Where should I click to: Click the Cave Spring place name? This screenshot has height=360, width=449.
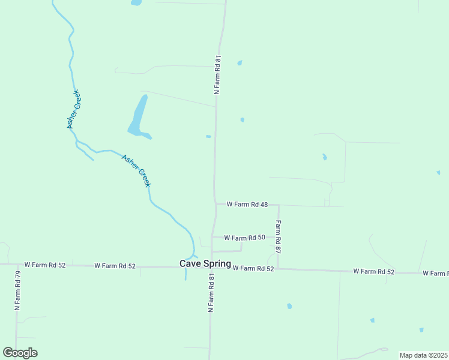click(205, 263)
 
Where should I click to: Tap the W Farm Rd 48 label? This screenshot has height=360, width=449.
click(247, 205)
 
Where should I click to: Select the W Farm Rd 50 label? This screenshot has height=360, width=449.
click(244, 238)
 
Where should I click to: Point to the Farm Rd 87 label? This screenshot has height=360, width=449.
click(279, 235)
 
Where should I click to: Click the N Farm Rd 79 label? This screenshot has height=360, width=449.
click(18, 290)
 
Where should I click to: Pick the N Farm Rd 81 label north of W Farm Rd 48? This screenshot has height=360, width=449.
click(218, 75)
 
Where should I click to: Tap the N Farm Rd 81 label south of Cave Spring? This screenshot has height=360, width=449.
click(211, 293)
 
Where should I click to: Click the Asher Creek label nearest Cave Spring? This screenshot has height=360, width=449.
click(136, 171)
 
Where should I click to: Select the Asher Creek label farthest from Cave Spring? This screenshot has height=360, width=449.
click(73, 109)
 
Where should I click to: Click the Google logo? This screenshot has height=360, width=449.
click(20, 353)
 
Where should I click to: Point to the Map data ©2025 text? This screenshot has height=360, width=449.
click(423, 355)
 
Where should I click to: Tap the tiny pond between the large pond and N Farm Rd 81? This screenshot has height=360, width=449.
click(208, 137)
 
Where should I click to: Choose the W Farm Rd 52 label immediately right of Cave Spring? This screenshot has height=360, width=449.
click(253, 268)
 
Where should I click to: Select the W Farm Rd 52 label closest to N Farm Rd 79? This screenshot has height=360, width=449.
click(45, 265)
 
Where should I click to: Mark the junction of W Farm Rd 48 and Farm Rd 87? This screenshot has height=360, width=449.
click(278, 205)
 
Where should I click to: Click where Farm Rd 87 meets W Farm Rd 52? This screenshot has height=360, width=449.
click(277, 269)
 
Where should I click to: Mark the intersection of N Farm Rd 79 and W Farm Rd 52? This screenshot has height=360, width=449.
click(17, 264)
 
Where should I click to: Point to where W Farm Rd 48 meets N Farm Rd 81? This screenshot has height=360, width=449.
click(215, 204)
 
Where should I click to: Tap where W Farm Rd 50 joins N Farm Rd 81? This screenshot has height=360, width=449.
click(212, 237)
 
